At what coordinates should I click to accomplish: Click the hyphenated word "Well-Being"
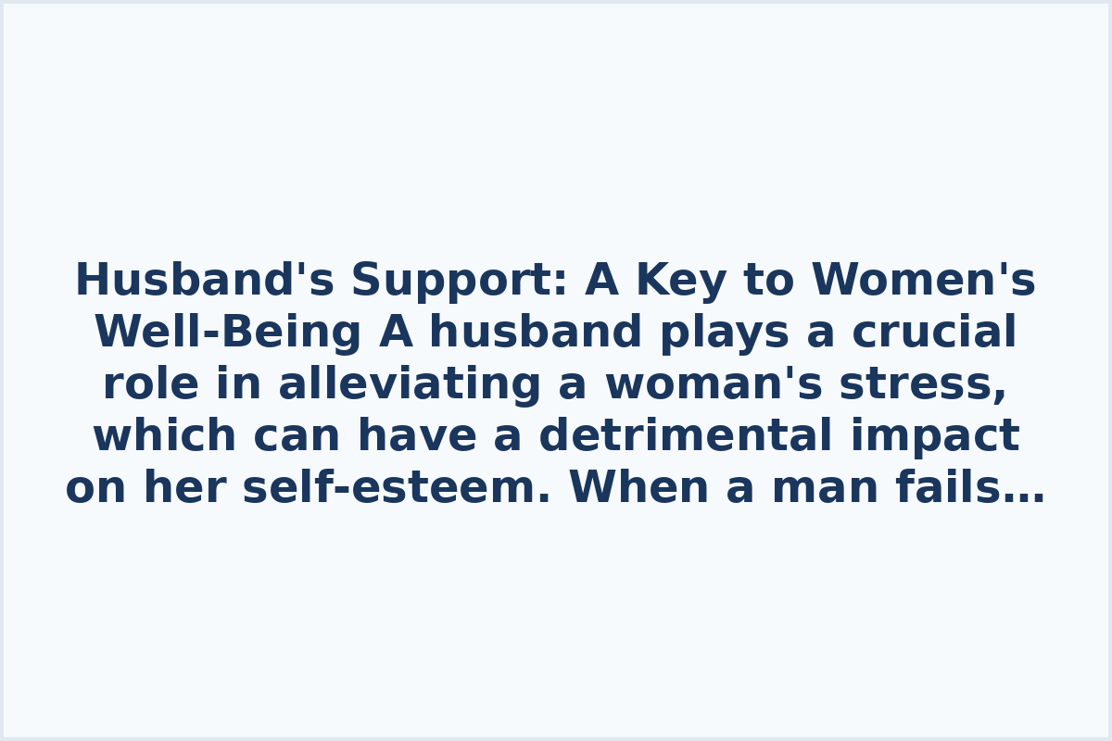coord(228,333)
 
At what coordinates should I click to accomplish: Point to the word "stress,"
coord(923,384)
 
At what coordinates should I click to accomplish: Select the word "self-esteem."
coord(397,488)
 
